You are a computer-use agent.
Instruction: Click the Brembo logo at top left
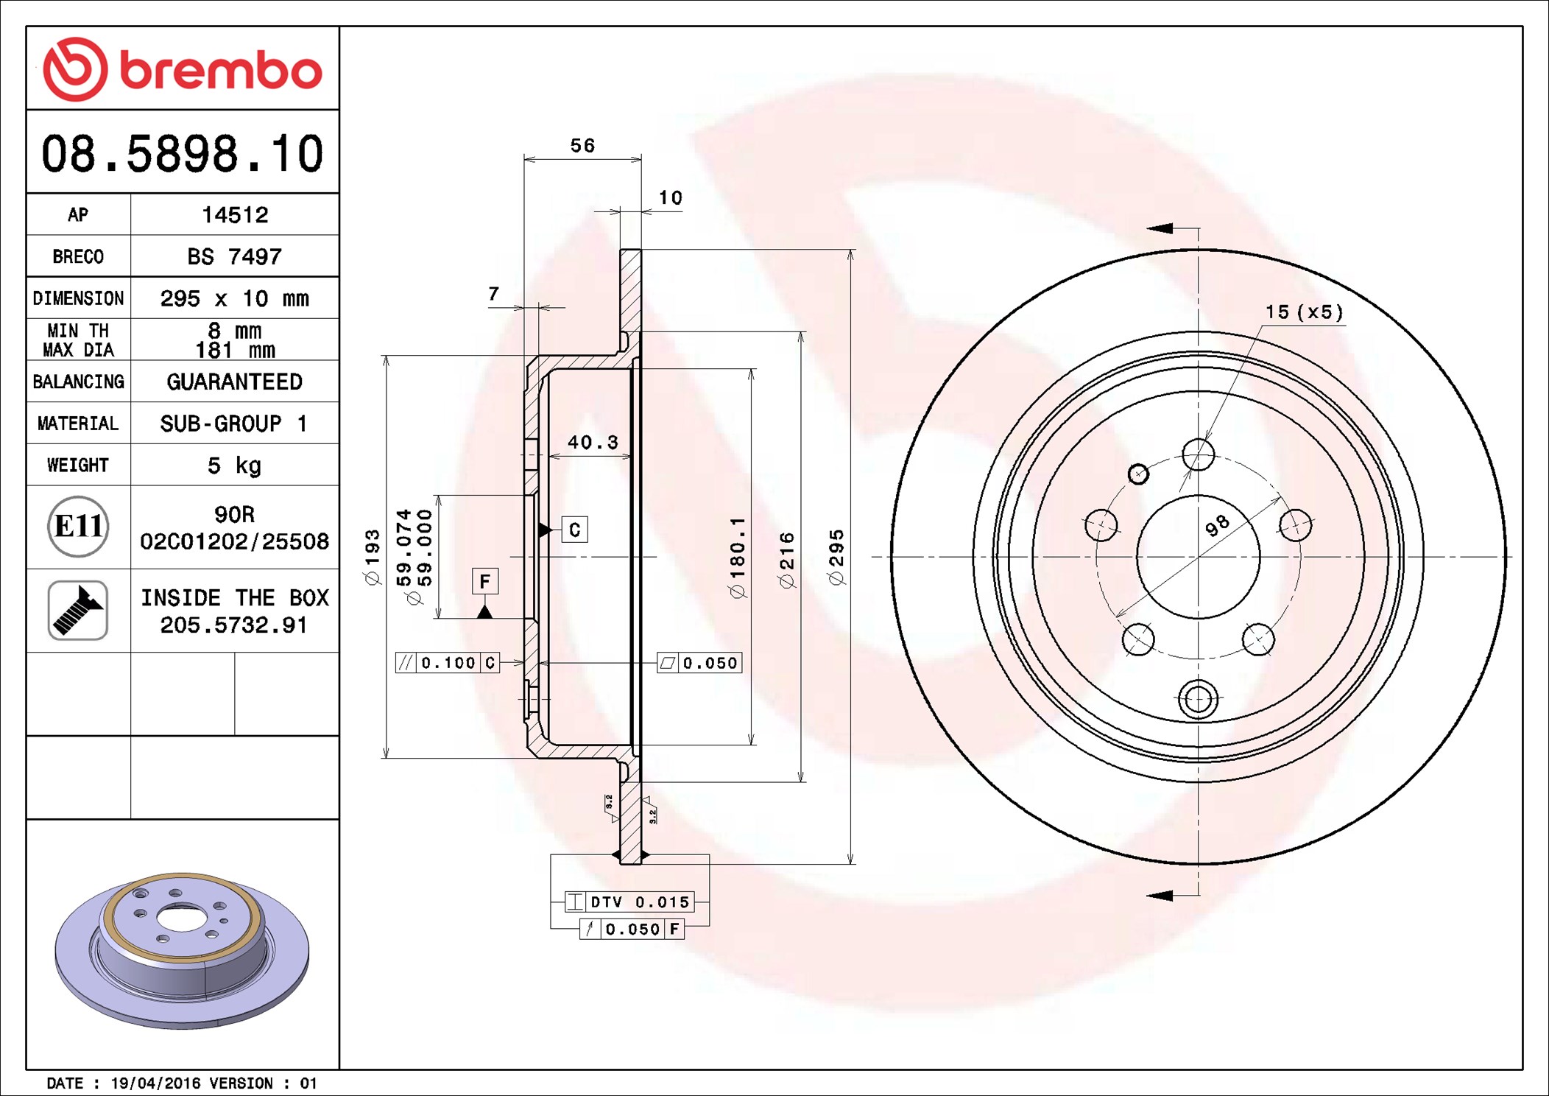coord(182,69)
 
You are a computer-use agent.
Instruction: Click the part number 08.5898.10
coord(182,154)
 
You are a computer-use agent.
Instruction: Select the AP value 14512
coord(235,215)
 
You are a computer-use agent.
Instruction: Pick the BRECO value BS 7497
coord(235,257)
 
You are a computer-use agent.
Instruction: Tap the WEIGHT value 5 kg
coord(235,466)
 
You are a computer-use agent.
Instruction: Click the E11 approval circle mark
coord(78,527)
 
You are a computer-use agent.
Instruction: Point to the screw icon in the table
coord(78,611)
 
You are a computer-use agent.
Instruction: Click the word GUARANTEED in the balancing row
coord(235,382)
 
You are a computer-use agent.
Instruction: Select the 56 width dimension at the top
coord(582,146)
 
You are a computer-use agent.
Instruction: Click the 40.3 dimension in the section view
coord(593,443)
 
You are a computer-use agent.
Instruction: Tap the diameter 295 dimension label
coord(836,557)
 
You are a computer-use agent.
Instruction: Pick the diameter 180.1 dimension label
coord(737,557)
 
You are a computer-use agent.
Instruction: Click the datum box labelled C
coord(574,530)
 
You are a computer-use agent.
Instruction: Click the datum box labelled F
coord(485,581)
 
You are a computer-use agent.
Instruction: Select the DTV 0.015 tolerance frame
coord(629,902)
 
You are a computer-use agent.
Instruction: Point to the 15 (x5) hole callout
coord(1304,312)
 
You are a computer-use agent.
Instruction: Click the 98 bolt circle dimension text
coord(1217,524)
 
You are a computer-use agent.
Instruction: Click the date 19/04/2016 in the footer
coord(155,1083)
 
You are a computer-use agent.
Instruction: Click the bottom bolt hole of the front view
coord(1198,698)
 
